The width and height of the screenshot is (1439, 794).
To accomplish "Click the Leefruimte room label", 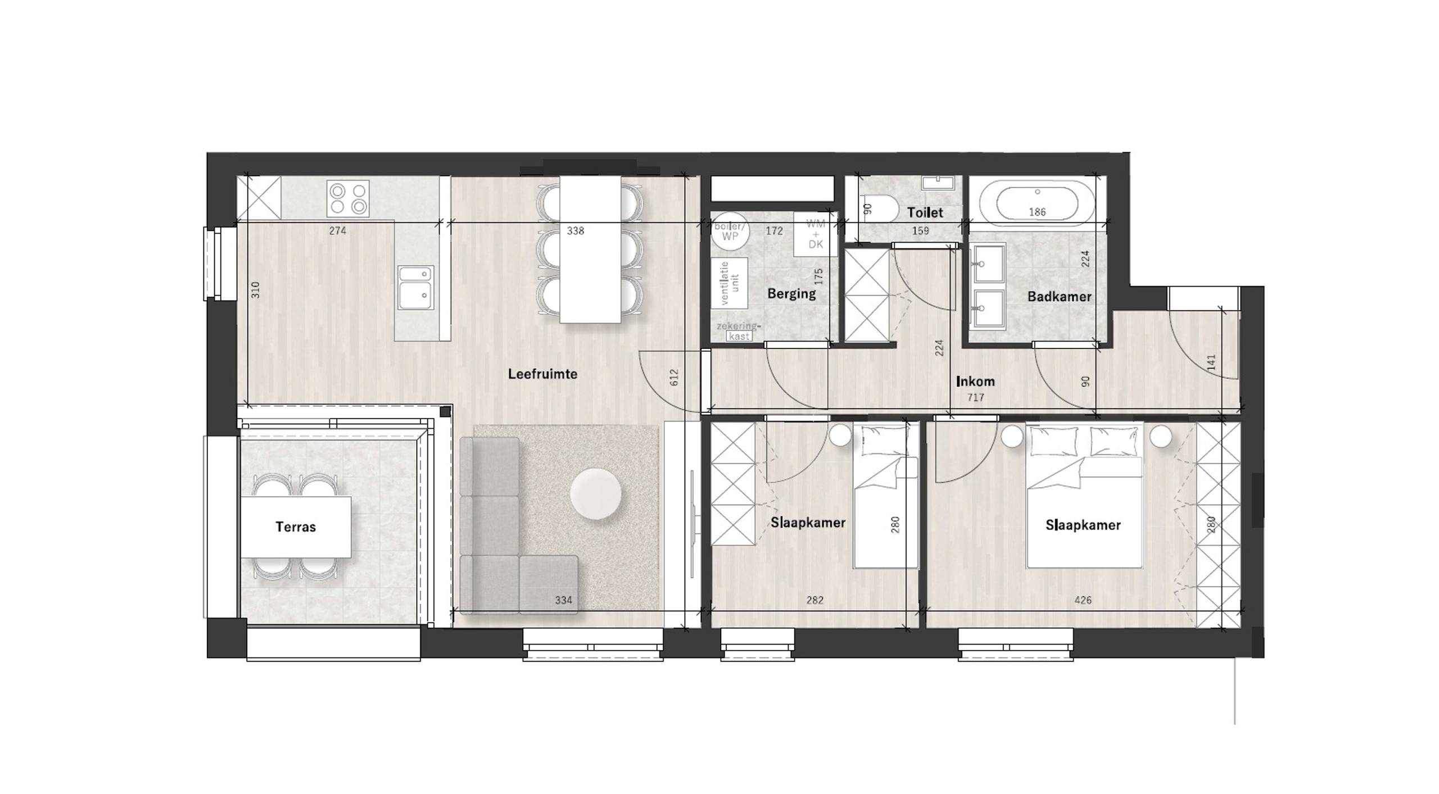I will [x=542, y=374].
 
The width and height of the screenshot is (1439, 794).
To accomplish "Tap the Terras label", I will [x=296, y=527].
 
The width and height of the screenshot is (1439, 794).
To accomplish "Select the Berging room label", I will [x=791, y=293].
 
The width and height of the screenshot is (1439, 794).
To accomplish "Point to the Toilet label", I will [x=925, y=212].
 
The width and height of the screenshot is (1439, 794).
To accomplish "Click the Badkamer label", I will [x=1059, y=297].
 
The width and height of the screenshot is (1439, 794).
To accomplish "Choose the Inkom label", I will [x=975, y=382].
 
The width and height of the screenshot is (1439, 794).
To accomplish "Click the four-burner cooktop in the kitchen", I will [x=348, y=198].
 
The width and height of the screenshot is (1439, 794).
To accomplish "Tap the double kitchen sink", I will [x=415, y=288].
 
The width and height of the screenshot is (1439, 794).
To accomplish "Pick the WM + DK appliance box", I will [x=815, y=234].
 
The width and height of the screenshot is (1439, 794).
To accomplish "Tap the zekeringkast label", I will [x=738, y=331].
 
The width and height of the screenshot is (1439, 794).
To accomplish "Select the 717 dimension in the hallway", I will [x=976, y=398].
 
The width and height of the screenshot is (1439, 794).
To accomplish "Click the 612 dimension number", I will [x=675, y=377].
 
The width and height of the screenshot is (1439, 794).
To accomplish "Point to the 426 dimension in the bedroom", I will [x=1083, y=600].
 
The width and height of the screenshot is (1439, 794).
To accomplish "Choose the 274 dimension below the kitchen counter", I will [x=337, y=230].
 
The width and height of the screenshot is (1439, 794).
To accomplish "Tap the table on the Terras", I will [x=296, y=527].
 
